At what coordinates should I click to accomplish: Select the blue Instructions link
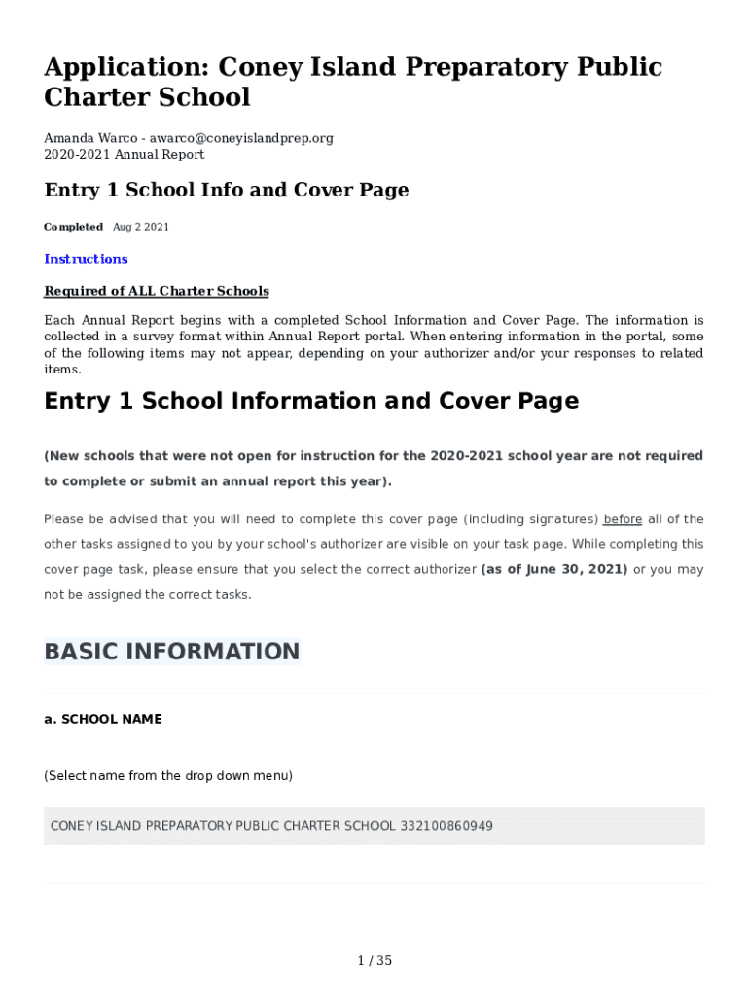click(86, 259)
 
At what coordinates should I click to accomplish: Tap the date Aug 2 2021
click(141, 227)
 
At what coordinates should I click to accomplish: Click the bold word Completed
click(73, 227)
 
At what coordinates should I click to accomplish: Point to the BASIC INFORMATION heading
click(172, 652)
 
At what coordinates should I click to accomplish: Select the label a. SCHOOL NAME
click(103, 719)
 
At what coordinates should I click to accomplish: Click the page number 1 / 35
click(374, 961)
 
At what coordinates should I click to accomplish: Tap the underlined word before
click(623, 519)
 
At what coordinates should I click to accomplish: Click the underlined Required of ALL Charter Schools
click(157, 291)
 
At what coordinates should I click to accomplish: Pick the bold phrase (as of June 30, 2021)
click(554, 569)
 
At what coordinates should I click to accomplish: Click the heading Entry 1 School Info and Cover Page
click(226, 190)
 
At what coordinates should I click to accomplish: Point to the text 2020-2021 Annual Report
click(125, 154)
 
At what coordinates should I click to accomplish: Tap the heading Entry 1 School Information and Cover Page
click(311, 401)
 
